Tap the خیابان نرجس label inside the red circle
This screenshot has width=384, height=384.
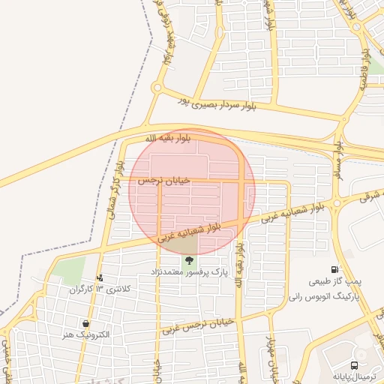164,181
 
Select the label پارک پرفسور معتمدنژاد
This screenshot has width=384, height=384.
188,271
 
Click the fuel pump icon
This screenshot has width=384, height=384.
334,269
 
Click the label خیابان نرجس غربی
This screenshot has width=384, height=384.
198,325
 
